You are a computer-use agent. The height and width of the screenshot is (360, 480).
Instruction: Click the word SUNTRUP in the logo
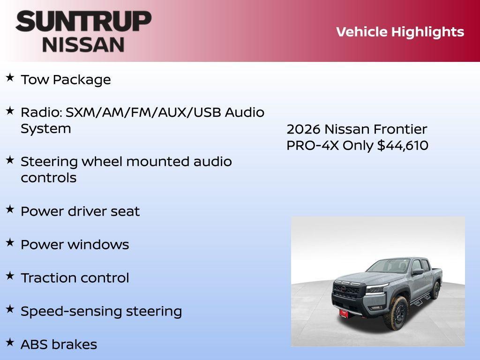click(x=83, y=21)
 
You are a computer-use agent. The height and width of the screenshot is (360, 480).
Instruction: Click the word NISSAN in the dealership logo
click(x=83, y=44)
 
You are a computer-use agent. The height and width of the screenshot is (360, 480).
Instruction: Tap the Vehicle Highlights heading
click(x=400, y=32)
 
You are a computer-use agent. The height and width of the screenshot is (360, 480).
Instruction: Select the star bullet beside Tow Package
click(x=10, y=77)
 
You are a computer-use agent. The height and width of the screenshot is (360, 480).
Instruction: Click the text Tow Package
click(x=66, y=80)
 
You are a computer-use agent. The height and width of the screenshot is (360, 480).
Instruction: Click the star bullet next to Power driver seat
click(x=10, y=209)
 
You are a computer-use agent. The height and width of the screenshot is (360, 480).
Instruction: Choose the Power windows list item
click(x=75, y=245)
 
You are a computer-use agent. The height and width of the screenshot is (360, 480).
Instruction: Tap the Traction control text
click(x=75, y=278)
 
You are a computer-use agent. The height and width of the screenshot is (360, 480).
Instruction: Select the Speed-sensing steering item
click(x=101, y=311)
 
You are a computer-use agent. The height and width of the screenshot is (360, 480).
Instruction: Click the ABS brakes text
click(x=59, y=345)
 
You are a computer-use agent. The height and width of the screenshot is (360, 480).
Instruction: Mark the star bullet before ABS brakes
click(x=10, y=342)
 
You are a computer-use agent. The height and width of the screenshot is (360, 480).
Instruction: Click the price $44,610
click(x=403, y=145)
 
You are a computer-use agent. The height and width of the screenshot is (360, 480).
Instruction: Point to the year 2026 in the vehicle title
click(x=303, y=129)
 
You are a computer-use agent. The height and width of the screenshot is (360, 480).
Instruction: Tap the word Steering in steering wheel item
click(x=49, y=162)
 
